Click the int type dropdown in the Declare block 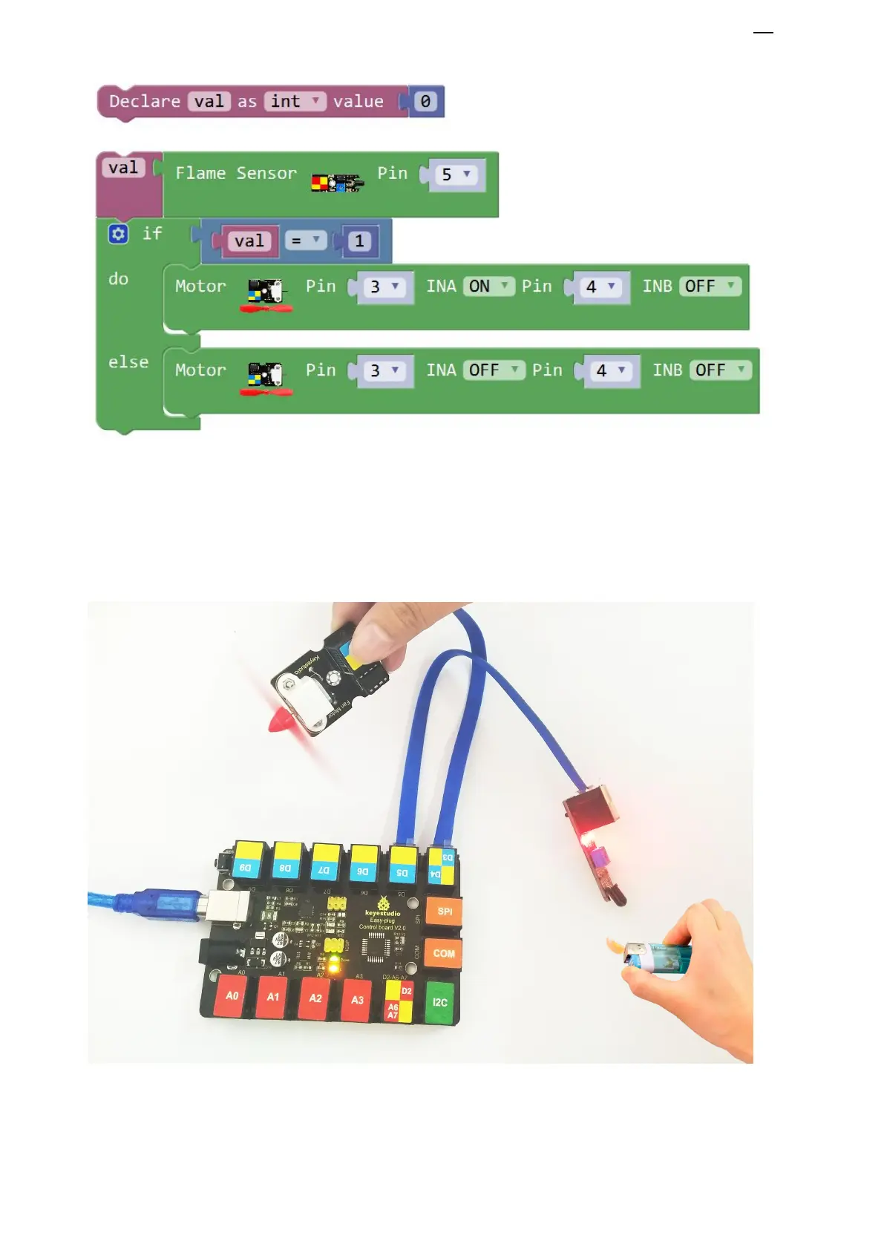tap(295, 101)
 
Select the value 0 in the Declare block tap(425, 101)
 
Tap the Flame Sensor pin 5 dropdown tap(456, 174)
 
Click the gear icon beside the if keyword tap(118, 234)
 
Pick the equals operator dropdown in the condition tap(305, 240)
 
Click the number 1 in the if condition tap(359, 240)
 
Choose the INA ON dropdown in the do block tap(488, 287)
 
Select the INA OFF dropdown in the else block tap(494, 370)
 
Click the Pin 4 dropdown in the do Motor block tap(600, 287)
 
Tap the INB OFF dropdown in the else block tap(720, 370)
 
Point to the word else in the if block tap(128, 362)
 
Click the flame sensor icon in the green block tap(337, 182)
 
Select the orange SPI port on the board tap(444, 912)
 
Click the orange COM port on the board tap(444, 954)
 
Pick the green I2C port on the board tap(440, 1003)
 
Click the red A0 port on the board tap(232, 996)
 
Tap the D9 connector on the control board tap(246, 861)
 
